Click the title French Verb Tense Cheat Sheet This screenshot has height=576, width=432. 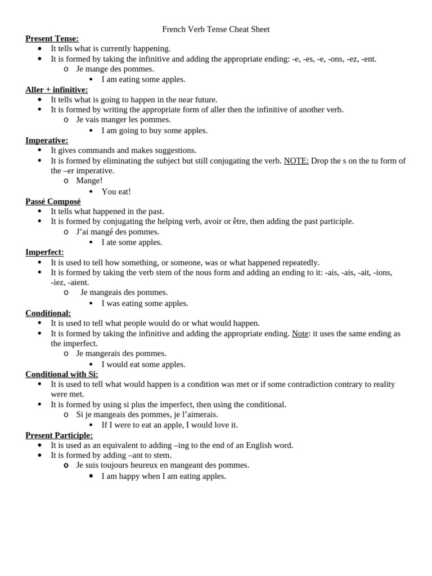pos(216,29)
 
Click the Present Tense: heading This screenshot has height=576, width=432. pos(52,39)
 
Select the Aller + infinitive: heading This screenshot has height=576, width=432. pos(56,90)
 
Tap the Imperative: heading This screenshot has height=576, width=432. pos(47,141)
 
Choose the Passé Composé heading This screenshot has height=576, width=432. pos(53,201)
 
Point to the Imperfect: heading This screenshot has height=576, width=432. pos(44,252)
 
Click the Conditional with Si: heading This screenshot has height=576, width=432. pos(62,374)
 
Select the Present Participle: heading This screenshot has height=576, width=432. pos(59,435)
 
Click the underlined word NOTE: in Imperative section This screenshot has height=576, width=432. pos(296,161)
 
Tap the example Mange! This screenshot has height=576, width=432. pos(89,181)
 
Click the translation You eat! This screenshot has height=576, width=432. pos(116,191)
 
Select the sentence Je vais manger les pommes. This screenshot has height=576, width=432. pos(123,120)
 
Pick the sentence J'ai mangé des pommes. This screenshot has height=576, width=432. pos(118,232)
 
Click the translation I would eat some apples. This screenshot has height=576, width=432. pos(143,364)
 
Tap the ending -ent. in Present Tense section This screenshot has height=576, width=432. pos(368,59)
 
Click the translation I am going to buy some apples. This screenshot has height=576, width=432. pos(154,130)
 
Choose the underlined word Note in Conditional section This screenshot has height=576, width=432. pos(300,334)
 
